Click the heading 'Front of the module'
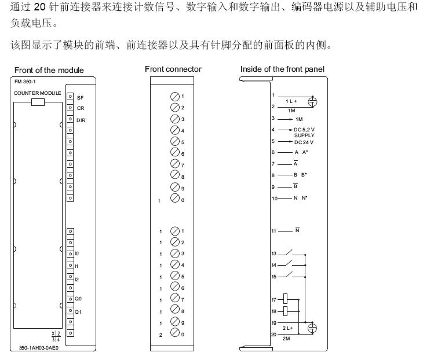click(x=49, y=70)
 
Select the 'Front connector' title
click(x=173, y=69)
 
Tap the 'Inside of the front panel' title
click(x=282, y=69)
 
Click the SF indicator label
click(x=80, y=98)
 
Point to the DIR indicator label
click(x=81, y=120)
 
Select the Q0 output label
click(x=78, y=299)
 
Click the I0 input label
click(x=77, y=254)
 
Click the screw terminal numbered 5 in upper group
click(x=174, y=142)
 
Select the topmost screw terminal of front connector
click(x=174, y=96)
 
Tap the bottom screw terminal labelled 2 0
click(x=174, y=334)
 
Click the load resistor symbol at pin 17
click(x=286, y=299)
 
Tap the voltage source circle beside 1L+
click(x=312, y=102)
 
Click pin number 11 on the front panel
click(x=274, y=230)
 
